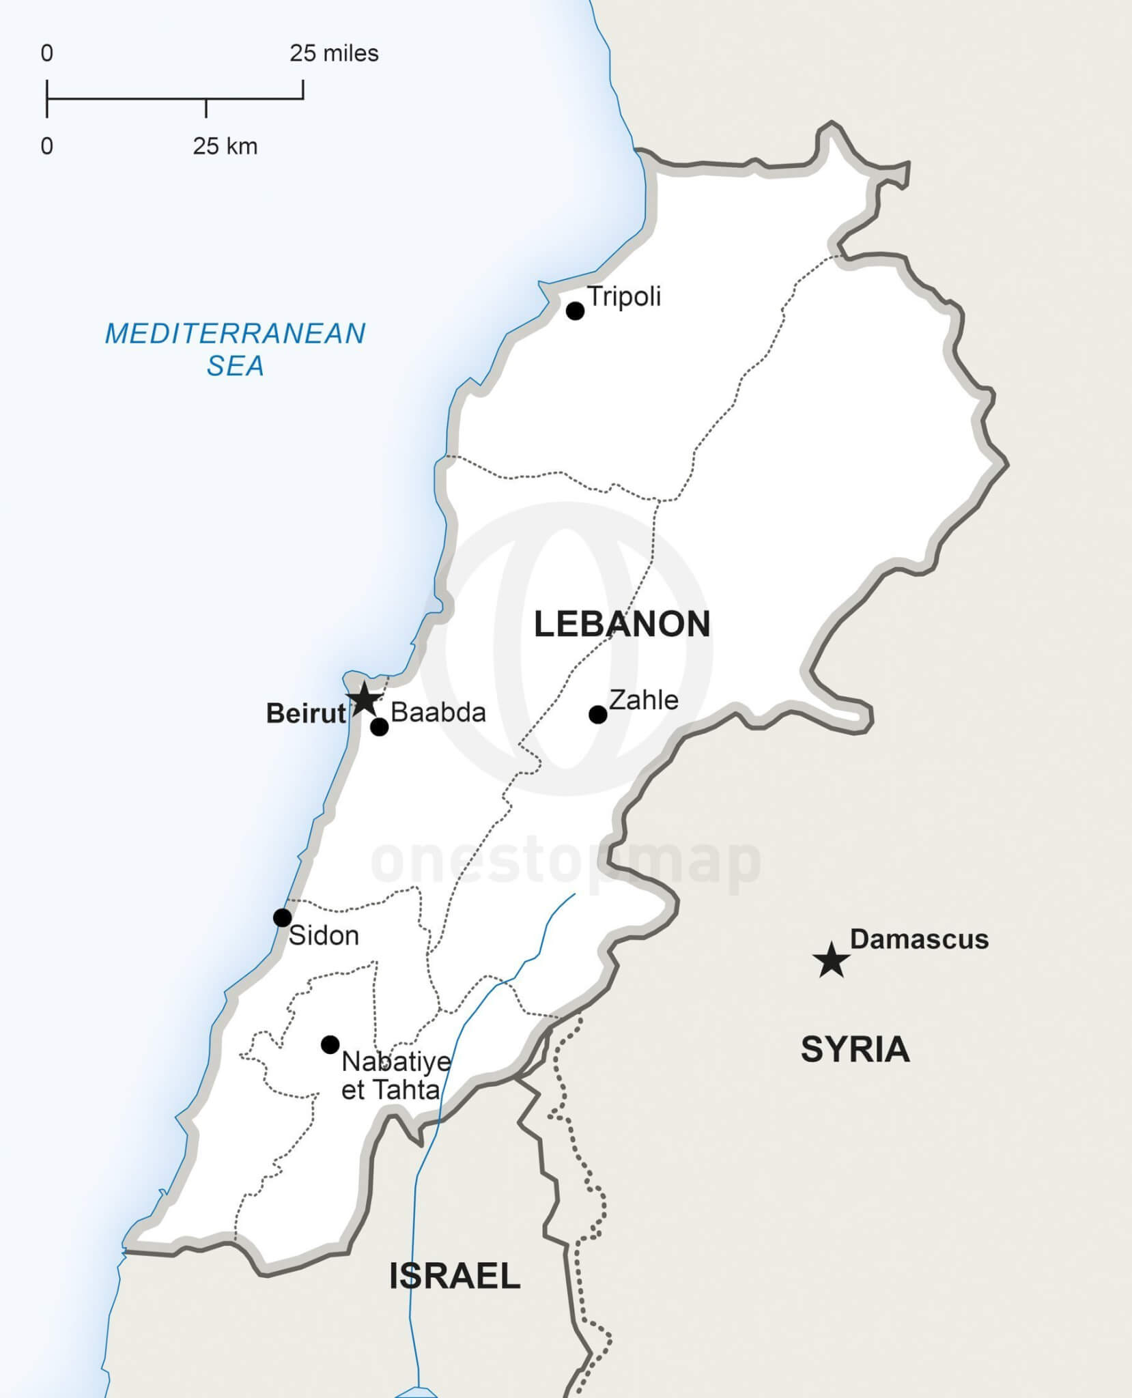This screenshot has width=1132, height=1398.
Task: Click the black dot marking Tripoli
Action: [576, 311]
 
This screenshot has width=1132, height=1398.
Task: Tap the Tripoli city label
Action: [624, 297]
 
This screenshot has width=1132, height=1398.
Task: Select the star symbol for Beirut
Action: [363, 699]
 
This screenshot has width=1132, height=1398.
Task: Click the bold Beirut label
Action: [305, 713]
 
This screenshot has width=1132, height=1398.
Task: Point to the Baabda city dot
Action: [380, 728]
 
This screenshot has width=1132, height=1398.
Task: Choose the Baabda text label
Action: [438, 713]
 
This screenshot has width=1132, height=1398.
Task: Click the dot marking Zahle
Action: [598, 715]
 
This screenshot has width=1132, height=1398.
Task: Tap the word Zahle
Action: [644, 700]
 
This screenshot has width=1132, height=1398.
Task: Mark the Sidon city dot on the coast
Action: [282, 917]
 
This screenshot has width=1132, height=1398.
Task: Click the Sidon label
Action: [324, 936]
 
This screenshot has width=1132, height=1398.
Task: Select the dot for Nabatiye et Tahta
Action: [330, 1044]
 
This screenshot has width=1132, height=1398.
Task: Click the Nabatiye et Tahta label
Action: [395, 1075]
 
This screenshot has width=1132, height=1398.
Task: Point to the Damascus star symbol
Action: [832, 960]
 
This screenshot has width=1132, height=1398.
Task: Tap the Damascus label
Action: [919, 940]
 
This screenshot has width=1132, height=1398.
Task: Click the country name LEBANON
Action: [622, 625]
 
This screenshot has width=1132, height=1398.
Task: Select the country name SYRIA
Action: [855, 1050]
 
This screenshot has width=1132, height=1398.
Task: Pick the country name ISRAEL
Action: [455, 1276]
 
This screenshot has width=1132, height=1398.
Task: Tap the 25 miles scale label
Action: [334, 53]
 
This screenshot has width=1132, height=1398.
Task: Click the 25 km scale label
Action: [225, 146]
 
